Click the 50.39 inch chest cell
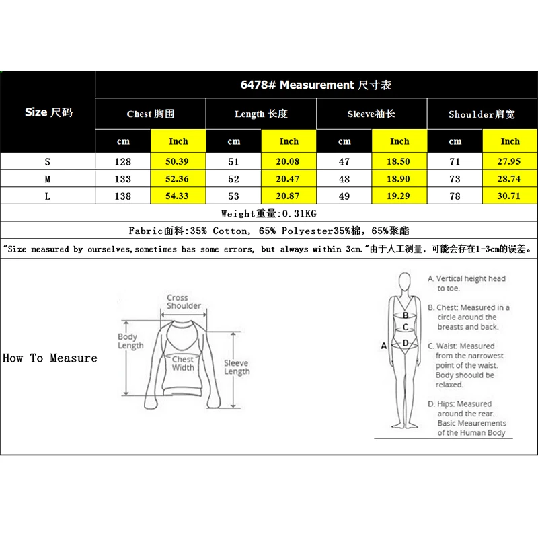178,162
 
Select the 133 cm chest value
123,179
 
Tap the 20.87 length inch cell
289,196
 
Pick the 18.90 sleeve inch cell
399,179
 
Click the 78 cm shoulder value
455,196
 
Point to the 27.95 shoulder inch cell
510,162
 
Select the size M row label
48,179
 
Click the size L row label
48,196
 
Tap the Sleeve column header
371,114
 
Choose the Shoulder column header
482,114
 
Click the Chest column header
151,114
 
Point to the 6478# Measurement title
316,85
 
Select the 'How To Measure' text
50,358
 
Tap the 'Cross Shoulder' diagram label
184,302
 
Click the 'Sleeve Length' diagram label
237,367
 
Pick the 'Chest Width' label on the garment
183,363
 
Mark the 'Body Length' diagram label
130,341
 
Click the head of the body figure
405,280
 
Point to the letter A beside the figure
384,346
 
